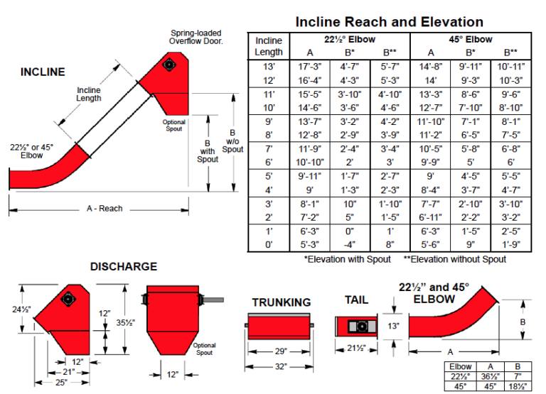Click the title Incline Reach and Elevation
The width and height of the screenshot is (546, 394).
click(389, 22)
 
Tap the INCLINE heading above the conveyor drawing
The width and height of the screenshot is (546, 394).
click(43, 72)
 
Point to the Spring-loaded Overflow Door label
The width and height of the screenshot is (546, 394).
click(196, 37)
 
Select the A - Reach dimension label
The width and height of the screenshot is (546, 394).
click(100, 209)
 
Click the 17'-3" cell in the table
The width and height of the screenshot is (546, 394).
click(310, 65)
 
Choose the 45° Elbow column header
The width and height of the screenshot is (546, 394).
click(471, 40)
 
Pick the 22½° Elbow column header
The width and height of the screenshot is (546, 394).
click(350, 40)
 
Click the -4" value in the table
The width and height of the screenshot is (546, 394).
click(350, 245)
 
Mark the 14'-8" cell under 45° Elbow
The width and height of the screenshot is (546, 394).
click(432, 65)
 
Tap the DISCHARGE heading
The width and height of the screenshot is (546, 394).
click(124, 267)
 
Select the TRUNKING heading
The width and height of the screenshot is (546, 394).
click(282, 302)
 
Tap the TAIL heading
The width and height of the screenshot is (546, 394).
click(356, 300)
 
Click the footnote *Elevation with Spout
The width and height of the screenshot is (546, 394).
click(347, 259)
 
